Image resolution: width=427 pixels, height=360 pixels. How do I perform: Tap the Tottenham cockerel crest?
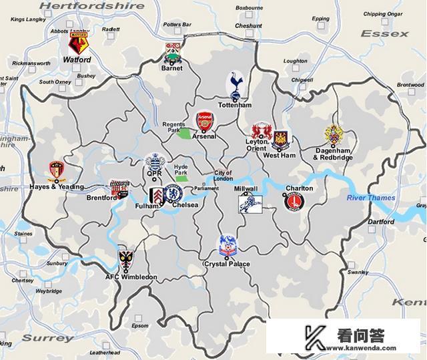pyautogui.click(x=235, y=85)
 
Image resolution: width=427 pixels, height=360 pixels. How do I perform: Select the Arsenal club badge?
pyautogui.click(x=204, y=121)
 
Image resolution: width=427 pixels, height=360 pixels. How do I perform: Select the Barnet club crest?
pyautogui.click(x=173, y=52)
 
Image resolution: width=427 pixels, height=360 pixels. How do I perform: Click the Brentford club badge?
pyautogui.click(x=119, y=187)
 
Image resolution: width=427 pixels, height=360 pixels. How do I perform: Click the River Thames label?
pyautogui.click(x=370, y=198)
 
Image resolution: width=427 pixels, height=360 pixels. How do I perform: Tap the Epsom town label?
pyautogui.click(x=140, y=326)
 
